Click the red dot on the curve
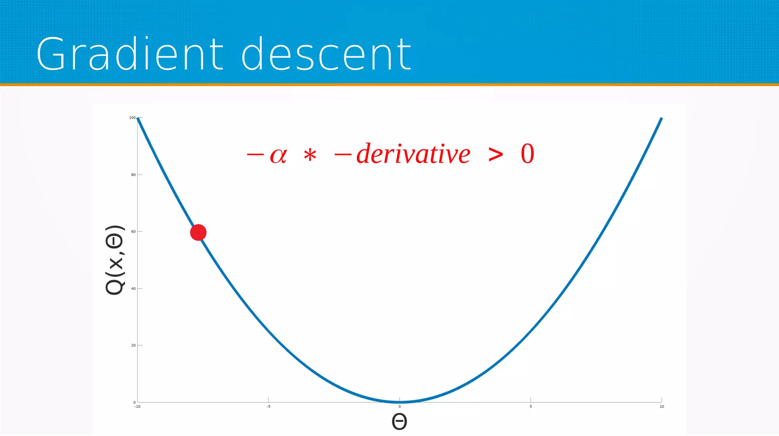click(198, 232)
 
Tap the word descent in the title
click(326, 54)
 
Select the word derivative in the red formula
click(413, 154)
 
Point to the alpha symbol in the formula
click(278, 155)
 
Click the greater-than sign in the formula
click(496, 154)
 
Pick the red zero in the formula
click(527, 154)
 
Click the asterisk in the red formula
click(310, 155)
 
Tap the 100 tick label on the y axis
click(132, 118)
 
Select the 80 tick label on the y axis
click(133, 175)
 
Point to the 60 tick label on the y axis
click(133, 231)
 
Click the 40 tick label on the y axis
click(133, 289)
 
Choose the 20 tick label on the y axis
click(133, 345)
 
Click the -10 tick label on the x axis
click(137, 407)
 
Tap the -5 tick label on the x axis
click(268, 407)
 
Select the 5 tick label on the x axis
click(531, 407)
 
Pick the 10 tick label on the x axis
click(662, 407)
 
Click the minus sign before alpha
click(255, 154)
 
